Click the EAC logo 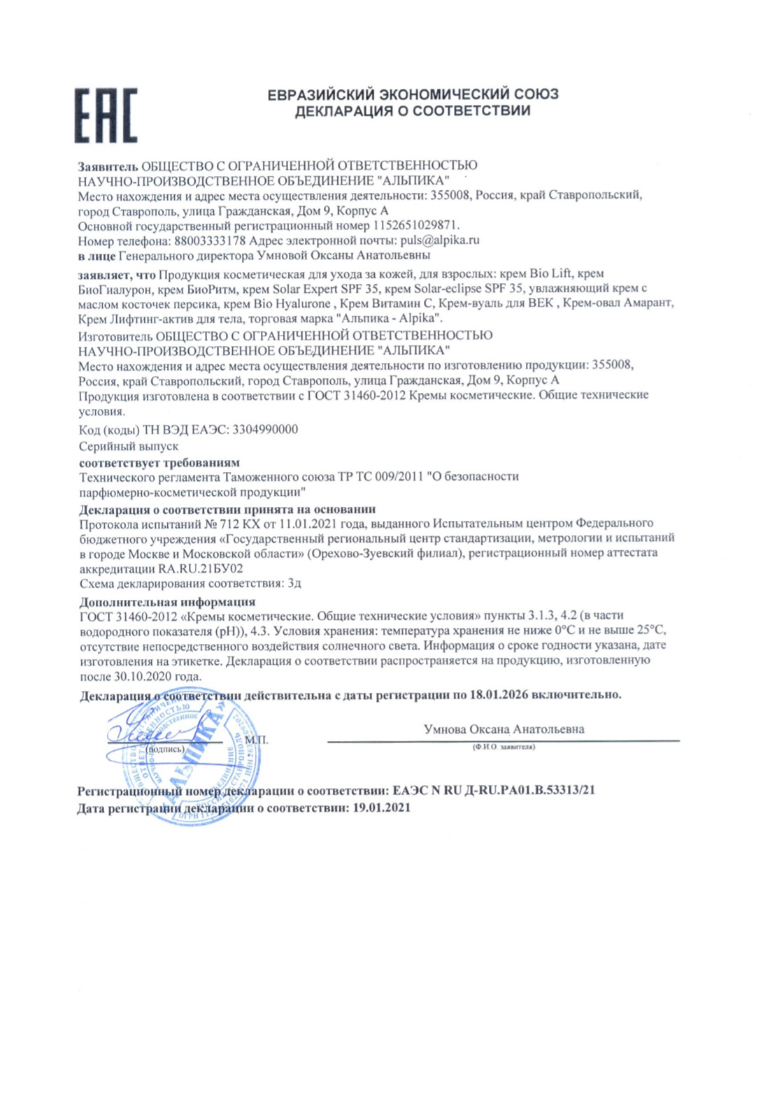pyautogui.click(x=106, y=115)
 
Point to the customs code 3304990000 pyautogui.click(x=264, y=429)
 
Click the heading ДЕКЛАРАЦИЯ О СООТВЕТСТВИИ pyautogui.click(x=413, y=111)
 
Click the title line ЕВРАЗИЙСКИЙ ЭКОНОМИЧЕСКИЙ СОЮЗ pyautogui.click(x=413, y=94)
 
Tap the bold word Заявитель pyautogui.click(x=108, y=166)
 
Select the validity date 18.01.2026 pyautogui.click(x=499, y=695)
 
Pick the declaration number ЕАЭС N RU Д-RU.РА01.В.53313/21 pyautogui.click(x=494, y=791)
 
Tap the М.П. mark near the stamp pyautogui.click(x=257, y=740)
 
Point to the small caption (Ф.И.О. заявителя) pyautogui.click(x=504, y=747)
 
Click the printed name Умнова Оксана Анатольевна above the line pyautogui.click(x=504, y=729)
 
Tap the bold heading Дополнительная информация pyautogui.click(x=167, y=602)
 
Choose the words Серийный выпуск pyautogui.click(x=129, y=446)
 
